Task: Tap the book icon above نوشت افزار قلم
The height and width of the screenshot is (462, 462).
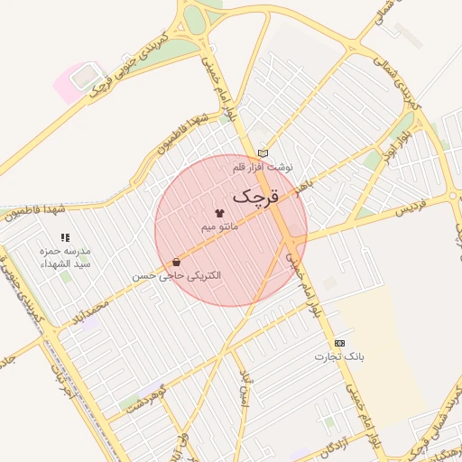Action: [263, 153]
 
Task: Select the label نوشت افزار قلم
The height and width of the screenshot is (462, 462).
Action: [263, 168]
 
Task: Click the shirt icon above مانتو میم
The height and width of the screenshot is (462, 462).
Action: [219, 212]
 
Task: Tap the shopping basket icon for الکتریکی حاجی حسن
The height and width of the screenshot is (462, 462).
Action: [176, 262]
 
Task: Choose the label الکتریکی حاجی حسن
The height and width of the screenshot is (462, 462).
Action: [176, 275]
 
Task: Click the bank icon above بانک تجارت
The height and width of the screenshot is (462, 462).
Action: [339, 343]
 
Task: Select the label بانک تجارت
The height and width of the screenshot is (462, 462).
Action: [339, 356]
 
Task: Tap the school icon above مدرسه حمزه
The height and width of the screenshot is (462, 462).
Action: [65, 237]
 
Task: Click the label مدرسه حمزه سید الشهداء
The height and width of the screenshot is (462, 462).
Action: [65, 256]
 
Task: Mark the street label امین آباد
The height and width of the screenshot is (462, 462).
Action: [244, 388]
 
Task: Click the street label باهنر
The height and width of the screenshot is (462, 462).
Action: [304, 188]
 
